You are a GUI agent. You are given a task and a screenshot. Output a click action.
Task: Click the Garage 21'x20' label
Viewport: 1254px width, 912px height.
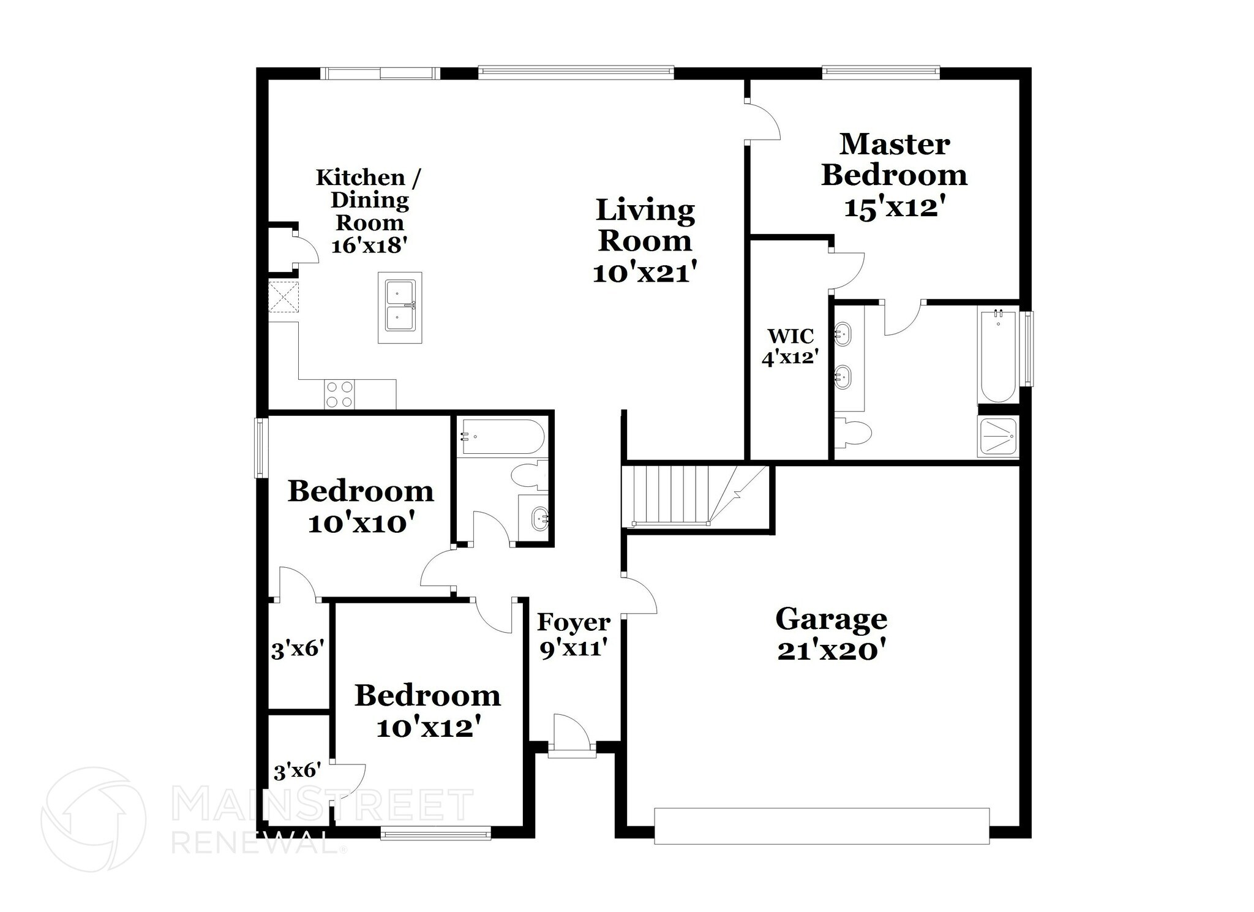coord(831,635)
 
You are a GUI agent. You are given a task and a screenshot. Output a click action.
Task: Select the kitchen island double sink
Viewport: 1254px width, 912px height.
coord(400,307)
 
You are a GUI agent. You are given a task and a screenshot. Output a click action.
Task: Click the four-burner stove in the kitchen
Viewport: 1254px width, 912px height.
coord(339,394)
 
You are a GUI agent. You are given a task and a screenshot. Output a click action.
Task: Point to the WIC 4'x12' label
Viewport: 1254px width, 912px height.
coord(790,347)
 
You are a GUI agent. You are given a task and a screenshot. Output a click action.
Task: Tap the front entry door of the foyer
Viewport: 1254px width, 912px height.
coord(571,733)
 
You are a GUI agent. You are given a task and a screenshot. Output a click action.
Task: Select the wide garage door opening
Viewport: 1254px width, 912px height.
coord(821,826)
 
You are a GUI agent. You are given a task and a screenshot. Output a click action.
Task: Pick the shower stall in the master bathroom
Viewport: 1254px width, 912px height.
coord(998,436)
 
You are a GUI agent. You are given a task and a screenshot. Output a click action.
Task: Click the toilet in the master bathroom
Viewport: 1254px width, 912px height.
coord(854,431)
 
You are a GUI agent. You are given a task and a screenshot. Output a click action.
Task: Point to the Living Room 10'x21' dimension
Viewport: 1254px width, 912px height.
coord(645,272)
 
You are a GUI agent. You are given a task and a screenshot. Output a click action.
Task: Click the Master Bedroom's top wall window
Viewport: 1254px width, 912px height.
coord(880,73)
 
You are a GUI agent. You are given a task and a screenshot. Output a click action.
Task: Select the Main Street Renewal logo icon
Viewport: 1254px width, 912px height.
coord(93,819)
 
